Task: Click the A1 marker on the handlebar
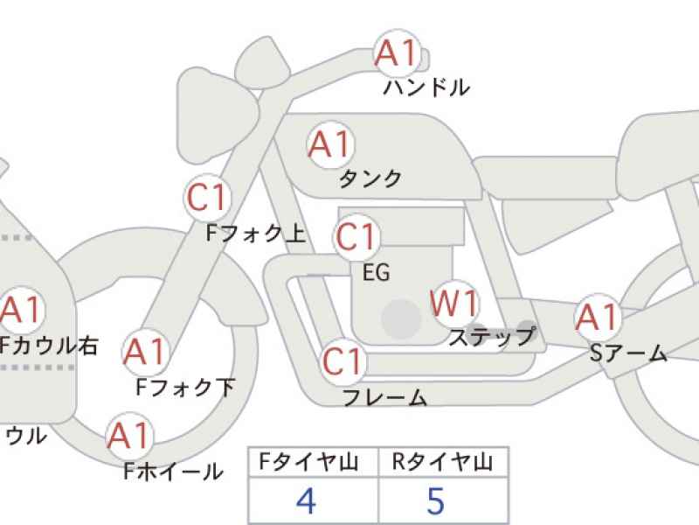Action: [x=398, y=53]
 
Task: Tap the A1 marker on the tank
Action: [x=330, y=144]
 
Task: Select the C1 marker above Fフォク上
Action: [x=207, y=198]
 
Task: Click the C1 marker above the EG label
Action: [x=356, y=236]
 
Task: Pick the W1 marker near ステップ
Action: [x=454, y=304]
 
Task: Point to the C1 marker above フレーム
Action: [x=343, y=361]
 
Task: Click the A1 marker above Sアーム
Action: [x=598, y=317]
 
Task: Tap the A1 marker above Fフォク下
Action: [x=145, y=352]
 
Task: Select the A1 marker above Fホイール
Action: [x=129, y=436]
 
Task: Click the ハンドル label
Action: [x=426, y=87]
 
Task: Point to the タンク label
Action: [x=370, y=179]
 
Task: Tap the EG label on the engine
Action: [x=377, y=272]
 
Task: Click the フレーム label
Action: [x=384, y=397]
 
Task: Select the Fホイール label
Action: [x=173, y=472]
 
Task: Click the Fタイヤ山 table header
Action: [x=308, y=462]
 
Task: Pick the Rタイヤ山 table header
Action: [x=443, y=462]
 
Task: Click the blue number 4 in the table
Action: [x=307, y=500]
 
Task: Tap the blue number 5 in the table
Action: [x=435, y=500]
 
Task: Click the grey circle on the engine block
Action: [x=402, y=318]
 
